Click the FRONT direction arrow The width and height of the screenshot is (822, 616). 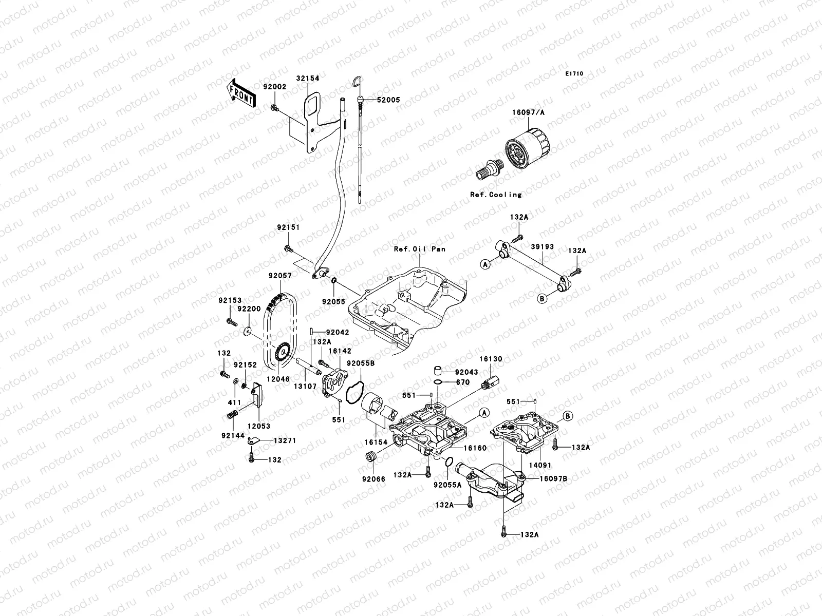click(242, 93)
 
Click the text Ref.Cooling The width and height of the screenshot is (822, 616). click(496, 195)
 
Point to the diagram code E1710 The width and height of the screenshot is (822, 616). click(574, 74)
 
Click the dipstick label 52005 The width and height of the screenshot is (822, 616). click(388, 100)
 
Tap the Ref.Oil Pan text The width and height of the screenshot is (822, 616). click(419, 249)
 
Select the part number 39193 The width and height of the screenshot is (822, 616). click(542, 246)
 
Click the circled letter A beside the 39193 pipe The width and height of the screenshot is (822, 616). click(484, 264)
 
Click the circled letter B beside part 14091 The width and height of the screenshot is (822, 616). click(568, 415)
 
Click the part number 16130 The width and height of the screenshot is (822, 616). click(491, 359)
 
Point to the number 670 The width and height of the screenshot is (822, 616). click(462, 382)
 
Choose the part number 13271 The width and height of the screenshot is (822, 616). click(284, 440)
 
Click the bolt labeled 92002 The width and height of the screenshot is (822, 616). click(274, 108)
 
